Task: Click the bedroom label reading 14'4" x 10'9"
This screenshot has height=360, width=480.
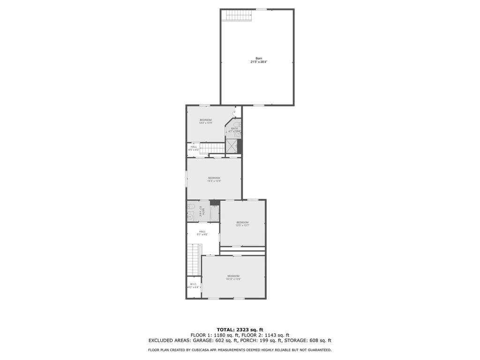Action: [206, 121]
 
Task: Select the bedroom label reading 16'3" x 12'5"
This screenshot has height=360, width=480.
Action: [214, 179]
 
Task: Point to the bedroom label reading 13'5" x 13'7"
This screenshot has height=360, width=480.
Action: [242, 224]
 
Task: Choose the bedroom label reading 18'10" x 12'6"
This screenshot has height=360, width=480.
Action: [233, 277]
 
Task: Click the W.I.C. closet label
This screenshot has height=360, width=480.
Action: [194, 285]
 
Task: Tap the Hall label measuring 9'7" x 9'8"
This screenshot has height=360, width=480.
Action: [202, 232]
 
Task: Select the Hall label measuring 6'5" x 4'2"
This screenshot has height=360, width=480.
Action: [194, 148]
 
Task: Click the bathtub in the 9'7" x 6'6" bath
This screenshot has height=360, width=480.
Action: [214, 214]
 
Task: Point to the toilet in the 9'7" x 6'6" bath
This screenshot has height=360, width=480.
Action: [191, 206]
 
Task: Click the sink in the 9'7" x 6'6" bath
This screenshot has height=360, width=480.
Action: [190, 216]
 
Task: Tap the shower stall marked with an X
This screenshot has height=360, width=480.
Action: [231, 146]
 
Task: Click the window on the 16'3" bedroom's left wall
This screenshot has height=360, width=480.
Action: [187, 179]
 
